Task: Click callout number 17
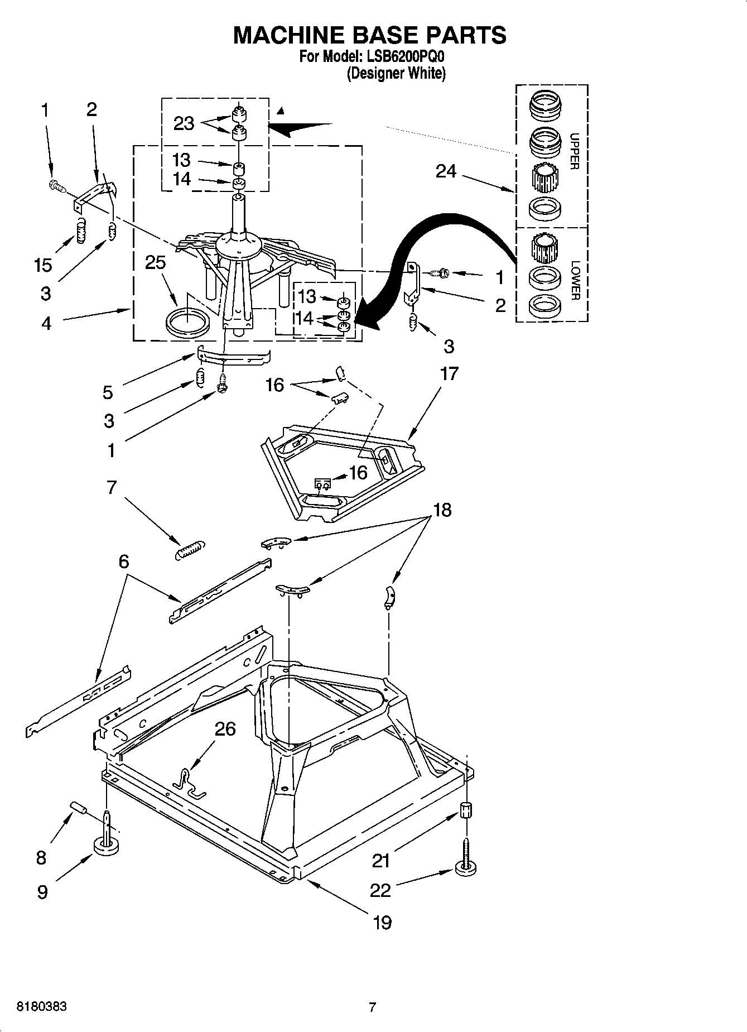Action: tap(449, 373)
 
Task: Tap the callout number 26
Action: tap(225, 729)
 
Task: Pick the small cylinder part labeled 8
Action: tap(79, 808)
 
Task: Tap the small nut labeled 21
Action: tap(466, 809)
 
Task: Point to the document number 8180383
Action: tap(42, 1007)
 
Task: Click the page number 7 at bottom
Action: tap(373, 1007)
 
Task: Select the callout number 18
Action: tap(442, 510)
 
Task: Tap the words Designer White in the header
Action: tap(396, 74)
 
